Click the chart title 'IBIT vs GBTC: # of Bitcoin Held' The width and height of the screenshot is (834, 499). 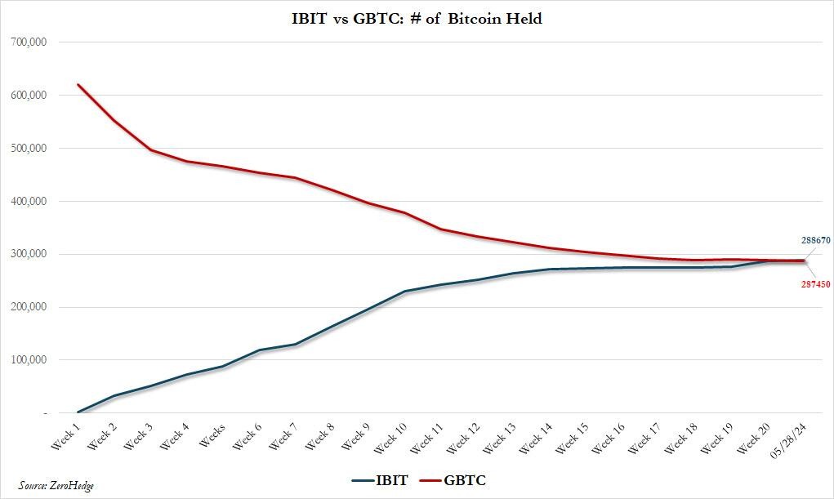pos(417,18)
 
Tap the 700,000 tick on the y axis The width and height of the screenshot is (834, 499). pos(29,42)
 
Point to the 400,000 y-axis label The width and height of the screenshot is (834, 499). pos(29,201)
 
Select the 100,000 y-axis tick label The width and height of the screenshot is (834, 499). pos(29,360)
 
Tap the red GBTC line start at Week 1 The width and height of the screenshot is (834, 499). pos(78,85)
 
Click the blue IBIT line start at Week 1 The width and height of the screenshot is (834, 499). pos(78,412)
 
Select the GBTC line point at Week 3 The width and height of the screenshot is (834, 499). pos(151,150)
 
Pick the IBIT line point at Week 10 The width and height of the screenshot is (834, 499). pos(404,292)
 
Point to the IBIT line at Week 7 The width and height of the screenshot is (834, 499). pos(296,345)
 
